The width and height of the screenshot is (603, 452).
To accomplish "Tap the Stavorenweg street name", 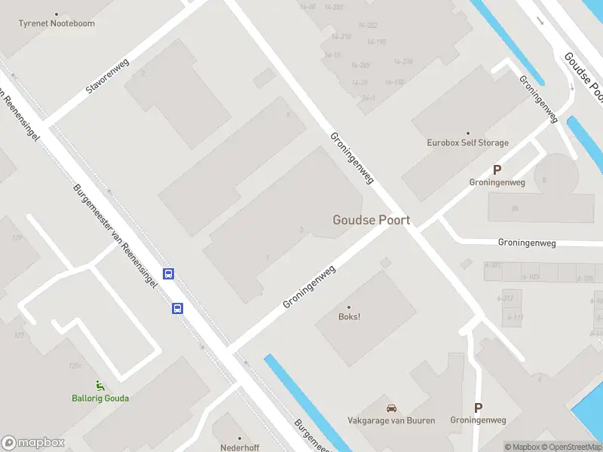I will (x=108, y=77).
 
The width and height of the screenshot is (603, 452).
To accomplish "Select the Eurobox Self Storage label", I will (x=467, y=142).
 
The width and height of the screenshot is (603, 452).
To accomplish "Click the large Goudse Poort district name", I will (x=372, y=220).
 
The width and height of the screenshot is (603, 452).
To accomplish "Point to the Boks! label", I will (x=348, y=316).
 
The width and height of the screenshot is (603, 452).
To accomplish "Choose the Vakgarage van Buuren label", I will (x=391, y=420).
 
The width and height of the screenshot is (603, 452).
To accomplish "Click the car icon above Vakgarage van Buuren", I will (x=391, y=408).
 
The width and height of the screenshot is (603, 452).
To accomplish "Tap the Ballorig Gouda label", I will (x=100, y=398).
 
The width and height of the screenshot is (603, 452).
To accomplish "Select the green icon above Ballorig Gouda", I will (x=99, y=386).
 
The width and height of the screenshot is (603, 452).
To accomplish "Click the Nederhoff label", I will (x=240, y=447).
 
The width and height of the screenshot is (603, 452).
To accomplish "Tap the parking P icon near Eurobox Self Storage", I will (x=497, y=170).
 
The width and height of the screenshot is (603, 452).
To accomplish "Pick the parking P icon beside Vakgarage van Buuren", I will (x=478, y=408).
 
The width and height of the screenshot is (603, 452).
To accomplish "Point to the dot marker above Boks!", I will (x=348, y=307).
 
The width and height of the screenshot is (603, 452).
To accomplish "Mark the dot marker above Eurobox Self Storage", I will (x=467, y=133).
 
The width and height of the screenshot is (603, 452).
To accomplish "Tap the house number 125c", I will (x=75, y=366).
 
